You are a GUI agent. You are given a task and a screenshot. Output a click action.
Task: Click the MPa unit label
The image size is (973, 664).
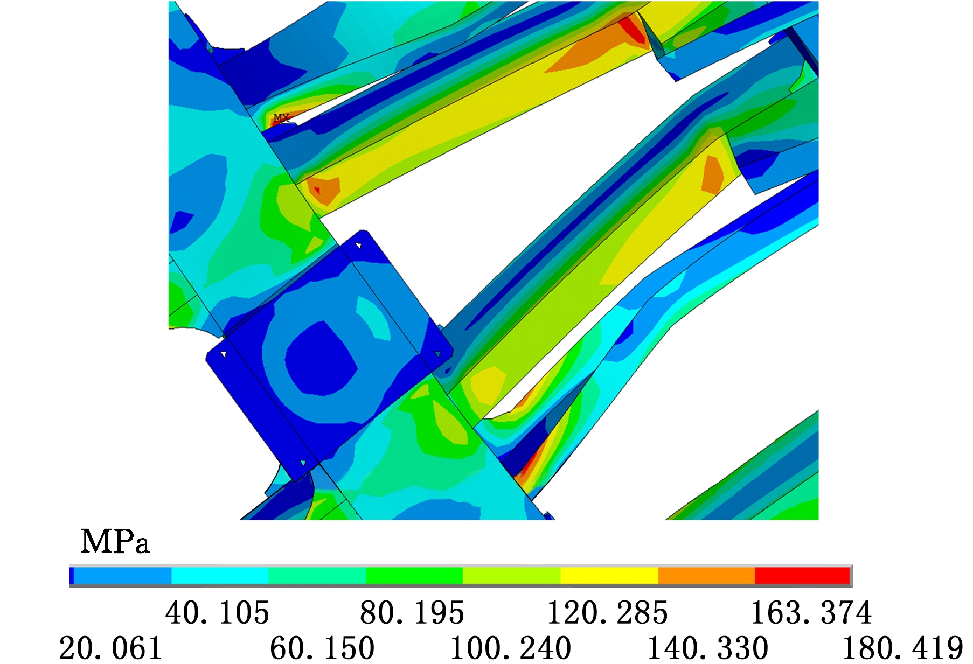point(115,541)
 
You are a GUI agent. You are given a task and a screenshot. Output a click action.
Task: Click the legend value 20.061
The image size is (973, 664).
point(110,648)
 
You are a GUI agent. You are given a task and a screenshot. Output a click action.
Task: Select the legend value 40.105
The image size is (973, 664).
point(217,613)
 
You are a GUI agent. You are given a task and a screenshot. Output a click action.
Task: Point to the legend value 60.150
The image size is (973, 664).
point(322,648)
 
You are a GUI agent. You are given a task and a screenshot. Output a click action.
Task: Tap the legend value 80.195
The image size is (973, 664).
point(412,613)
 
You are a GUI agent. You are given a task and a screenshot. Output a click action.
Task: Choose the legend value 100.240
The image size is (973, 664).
point(510,648)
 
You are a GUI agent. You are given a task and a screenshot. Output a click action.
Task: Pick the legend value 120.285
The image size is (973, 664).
point(607,613)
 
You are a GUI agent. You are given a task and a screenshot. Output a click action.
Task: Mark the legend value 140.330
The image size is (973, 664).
point(707,648)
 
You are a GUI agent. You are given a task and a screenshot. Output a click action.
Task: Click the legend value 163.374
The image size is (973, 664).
point(811,613)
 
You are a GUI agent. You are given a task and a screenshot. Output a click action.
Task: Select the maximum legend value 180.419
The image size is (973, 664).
point(902,648)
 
